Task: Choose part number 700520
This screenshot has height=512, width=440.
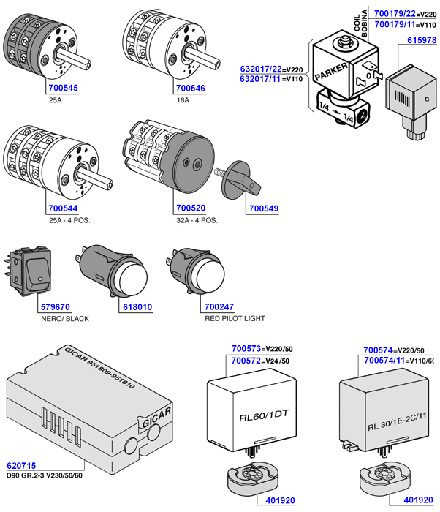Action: pos(190,208)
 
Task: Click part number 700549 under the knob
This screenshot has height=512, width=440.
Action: pos(264,208)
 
